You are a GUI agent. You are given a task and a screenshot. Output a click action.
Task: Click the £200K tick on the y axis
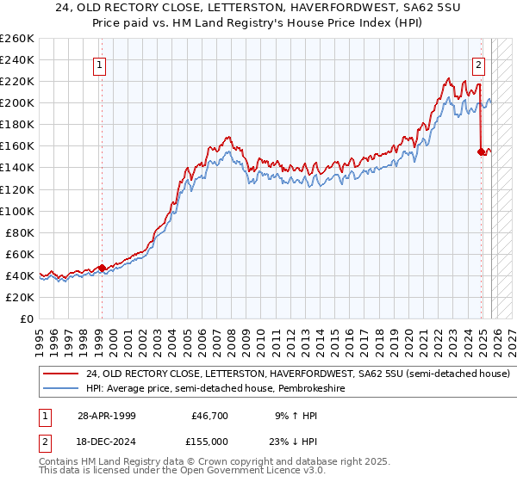coord(16,102)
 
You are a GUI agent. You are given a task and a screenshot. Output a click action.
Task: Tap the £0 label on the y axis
coord(27,318)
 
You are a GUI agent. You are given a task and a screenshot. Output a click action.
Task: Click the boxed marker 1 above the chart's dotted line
coord(100,64)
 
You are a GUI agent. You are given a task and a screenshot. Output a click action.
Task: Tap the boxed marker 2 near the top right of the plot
coord(478,64)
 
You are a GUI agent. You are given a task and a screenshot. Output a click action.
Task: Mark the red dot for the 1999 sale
coord(102,268)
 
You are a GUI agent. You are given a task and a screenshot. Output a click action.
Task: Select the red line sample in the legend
coord(61,374)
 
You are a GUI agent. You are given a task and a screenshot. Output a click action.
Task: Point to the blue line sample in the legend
coord(61,389)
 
